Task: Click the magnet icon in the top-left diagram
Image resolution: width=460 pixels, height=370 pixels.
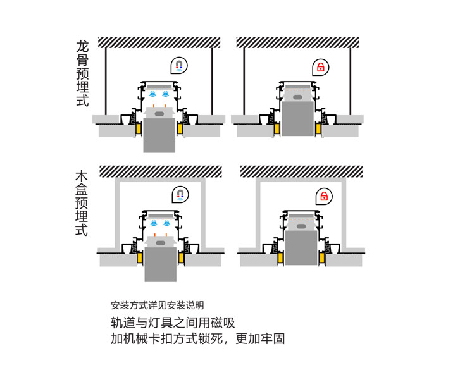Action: click(179, 66)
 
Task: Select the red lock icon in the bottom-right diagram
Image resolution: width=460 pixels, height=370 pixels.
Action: click(324, 195)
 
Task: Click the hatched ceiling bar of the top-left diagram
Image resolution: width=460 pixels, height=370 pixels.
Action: click(159, 42)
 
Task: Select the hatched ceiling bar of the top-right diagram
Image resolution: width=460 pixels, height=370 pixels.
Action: click(297, 42)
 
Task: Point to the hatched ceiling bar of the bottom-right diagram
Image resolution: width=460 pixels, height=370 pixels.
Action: click(301, 171)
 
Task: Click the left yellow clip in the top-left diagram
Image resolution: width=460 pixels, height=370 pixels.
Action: click(138, 128)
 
